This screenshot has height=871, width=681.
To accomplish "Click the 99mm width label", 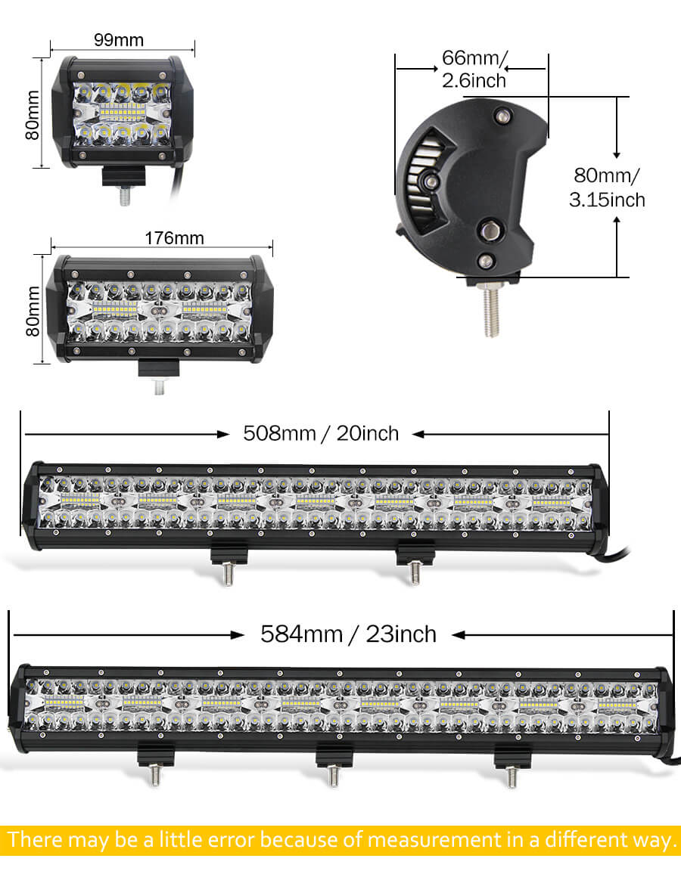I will (x=119, y=39).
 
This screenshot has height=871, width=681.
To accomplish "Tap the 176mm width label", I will (x=173, y=238).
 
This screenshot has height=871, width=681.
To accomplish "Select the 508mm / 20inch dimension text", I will (x=321, y=433).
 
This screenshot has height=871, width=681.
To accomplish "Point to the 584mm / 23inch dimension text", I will (x=348, y=633).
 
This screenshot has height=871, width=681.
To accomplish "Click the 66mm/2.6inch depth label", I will (x=474, y=68).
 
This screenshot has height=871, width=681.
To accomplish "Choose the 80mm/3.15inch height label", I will (x=607, y=187).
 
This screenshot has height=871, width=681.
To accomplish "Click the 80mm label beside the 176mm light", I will (x=32, y=312).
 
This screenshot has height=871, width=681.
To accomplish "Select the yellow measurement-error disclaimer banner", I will (x=340, y=839).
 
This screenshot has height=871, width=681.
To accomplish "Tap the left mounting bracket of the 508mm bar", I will (x=229, y=556).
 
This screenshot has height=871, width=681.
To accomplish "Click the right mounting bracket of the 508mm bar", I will (x=415, y=556).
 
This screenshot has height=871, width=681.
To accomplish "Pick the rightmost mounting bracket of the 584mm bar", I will (x=513, y=756).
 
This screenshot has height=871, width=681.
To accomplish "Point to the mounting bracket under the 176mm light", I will (x=159, y=370).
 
